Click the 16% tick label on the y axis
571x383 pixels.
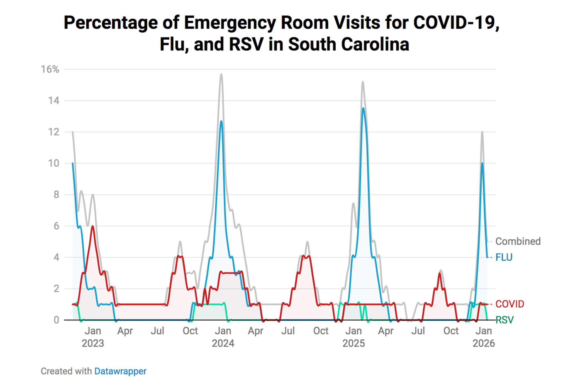pos(50,69)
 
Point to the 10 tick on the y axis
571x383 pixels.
pos(53,163)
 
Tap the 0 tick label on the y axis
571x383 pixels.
pos(56,320)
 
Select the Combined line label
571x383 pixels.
pos(518,241)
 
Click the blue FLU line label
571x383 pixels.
pos(504,257)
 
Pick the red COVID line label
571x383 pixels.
pos(509,304)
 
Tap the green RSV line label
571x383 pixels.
pos(504,320)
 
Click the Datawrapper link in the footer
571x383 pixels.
pos(120,371)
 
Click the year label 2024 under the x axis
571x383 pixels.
pos(223,343)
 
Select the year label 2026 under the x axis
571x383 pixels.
pos(484,343)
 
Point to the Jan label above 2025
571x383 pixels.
pos(353,331)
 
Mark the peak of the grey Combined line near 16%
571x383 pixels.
pos(221,74)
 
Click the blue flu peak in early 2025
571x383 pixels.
pos(363,108)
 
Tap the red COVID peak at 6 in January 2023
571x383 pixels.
pos(92,226)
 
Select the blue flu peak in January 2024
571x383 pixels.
pos(221,121)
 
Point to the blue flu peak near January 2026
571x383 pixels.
pos(482,163)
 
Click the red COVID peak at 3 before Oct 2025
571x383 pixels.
pos(440,273)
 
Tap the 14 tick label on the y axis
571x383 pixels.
pos(53,100)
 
